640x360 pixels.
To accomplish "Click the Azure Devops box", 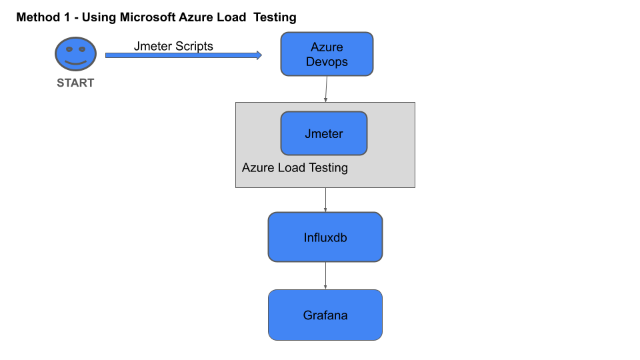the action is (x=327, y=54).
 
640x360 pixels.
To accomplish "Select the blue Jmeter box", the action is (x=324, y=133).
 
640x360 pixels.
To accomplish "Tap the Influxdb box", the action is (x=325, y=237).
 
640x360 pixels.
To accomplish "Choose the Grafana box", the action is (x=325, y=315).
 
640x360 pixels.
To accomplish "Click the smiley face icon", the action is (x=75, y=54).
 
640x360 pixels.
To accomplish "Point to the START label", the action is (x=75, y=83).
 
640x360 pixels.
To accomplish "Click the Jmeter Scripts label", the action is (x=173, y=46).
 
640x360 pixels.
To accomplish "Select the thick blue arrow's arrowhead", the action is (x=259, y=55).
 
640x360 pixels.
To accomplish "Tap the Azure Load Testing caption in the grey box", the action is (x=295, y=167).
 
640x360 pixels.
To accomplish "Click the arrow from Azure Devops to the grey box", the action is (x=326, y=89).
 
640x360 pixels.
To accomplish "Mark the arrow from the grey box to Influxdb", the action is (x=325, y=200).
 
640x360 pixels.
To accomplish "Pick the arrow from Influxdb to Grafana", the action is (x=325, y=276).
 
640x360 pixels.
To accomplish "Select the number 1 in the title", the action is (x=67, y=17).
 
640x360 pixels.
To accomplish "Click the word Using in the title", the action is (x=99, y=17).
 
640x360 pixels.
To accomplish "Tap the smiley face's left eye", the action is (x=69, y=49).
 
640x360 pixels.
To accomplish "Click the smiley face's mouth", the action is (x=75, y=63).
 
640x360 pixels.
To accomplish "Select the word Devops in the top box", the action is (x=327, y=61).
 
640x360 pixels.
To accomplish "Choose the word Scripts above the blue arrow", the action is (x=194, y=46).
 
